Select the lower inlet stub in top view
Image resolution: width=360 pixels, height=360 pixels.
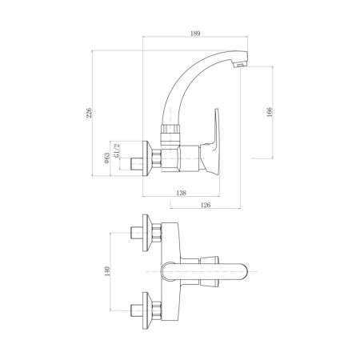(136, 306)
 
